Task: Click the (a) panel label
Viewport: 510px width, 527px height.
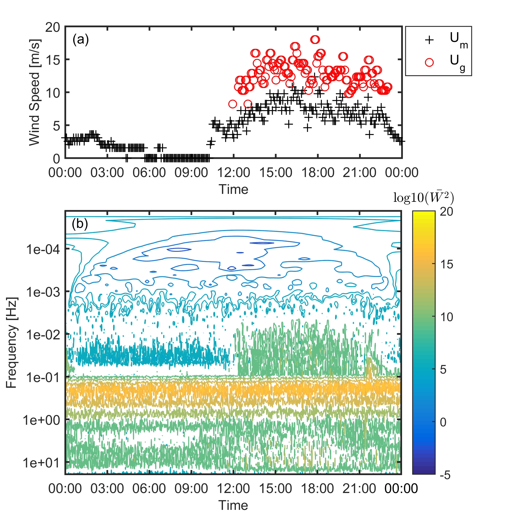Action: (x=81, y=40)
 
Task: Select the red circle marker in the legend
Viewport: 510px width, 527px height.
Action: (x=429, y=62)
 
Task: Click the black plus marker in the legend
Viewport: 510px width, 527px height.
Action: (x=429, y=40)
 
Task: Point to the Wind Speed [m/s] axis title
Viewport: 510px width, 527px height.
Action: (x=35, y=92)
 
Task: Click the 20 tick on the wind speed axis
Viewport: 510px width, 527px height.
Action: (x=52, y=27)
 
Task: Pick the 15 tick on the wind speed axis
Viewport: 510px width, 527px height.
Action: (x=52, y=60)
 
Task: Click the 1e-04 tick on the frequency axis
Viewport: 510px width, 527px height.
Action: (x=43, y=249)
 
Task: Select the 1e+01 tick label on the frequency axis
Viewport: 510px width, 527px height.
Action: (x=41, y=463)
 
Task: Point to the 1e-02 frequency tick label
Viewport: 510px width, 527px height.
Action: (x=43, y=334)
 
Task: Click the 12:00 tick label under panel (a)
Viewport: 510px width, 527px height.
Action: (x=233, y=173)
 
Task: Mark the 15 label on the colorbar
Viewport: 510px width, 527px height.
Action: (x=446, y=264)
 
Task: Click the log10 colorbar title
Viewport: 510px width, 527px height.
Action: (x=423, y=198)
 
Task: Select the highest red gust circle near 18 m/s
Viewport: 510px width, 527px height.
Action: (x=315, y=40)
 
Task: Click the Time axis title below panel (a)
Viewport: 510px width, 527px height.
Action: (x=233, y=189)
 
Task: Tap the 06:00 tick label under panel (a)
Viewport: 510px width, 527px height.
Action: (x=149, y=173)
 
